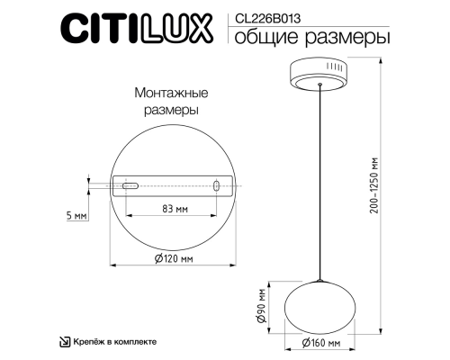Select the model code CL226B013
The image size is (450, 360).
(x=265, y=15)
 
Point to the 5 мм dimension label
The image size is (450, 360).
(x=77, y=216)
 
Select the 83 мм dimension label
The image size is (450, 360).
(x=173, y=209)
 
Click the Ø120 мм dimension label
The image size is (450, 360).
(x=174, y=258)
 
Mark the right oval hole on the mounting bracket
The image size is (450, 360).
(x=216, y=186)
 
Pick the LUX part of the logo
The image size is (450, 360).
(x=176, y=29)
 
